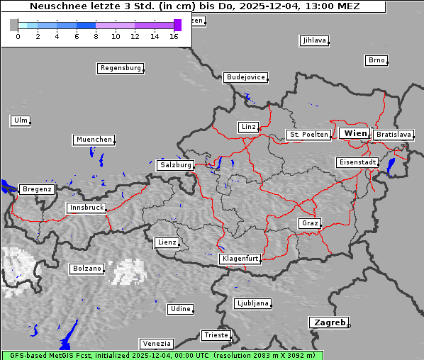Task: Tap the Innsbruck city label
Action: pyautogui.click(x=86, y=208)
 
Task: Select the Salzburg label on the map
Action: pyautogui.click(x=175, y=165)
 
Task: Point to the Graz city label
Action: pyautogui.click(x=309, y=223)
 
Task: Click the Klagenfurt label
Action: pyautogui.click(x=240, y=259)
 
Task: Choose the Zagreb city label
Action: pyautogui.click(x=328, y=322)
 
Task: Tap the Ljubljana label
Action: pyautogui.click(x=252, y=303)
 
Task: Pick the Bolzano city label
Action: pyautogui.click(x=87, y=269)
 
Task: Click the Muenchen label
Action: pyautogui.click(x=94, y=140)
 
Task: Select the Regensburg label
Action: pyautogui.click(x=120, y=68)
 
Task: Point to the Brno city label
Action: pyautogui.click(x=376, y=60)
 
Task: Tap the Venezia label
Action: pyautogui.click(x=155, y=344)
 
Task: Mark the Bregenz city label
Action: pyautogui.click(x=37, y=189)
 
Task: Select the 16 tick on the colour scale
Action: pyautogui.click(x=174, y=36)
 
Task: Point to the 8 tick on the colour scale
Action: pyautogui.click(x=96, y=36)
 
